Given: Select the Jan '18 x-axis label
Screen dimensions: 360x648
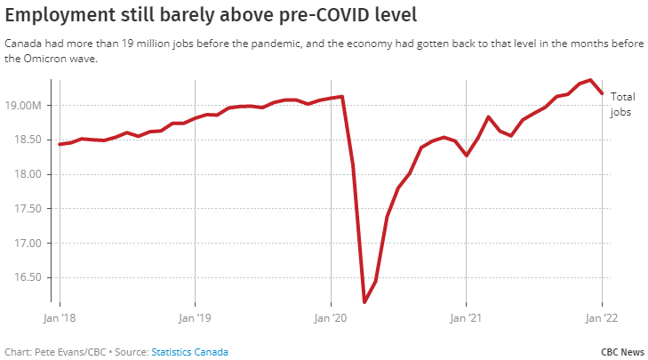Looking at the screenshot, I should click(x=60, y=316).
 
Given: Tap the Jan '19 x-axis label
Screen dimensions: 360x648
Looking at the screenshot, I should click(x=194, y=316).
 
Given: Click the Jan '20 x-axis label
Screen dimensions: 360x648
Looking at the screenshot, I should click(x=331, y=316).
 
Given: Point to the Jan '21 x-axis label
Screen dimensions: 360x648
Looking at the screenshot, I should click(x=467, y=316).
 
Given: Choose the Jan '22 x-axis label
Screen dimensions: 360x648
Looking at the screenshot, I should click(x=603, y=316).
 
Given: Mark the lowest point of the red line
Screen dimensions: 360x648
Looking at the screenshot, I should click(x=364, y=302).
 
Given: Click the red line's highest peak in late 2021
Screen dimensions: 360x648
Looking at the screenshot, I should click(x=590, y=80).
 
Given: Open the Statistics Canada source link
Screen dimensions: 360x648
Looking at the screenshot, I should click(x=189, y=352).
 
